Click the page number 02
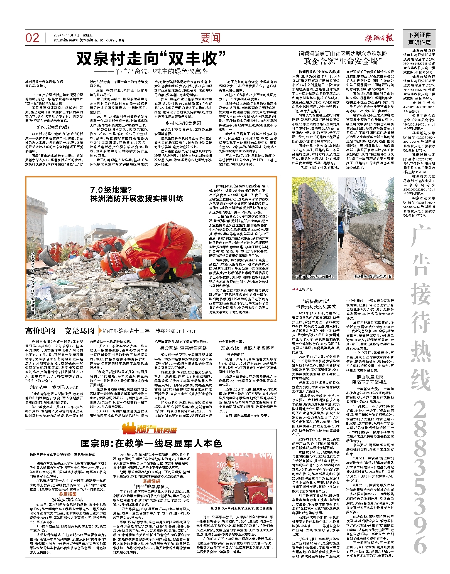click(32, 38)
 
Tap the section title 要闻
click(210, 38)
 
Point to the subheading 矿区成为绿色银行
click(54, 127)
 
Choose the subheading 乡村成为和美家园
click(183, 123)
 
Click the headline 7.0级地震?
click(111, 190)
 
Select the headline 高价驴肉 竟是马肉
click(60, 331)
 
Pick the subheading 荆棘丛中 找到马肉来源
click(54, 387)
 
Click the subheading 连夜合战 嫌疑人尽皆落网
click(248, 348)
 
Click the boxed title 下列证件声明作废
click(419, 39)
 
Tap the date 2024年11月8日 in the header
click(67, 35)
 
